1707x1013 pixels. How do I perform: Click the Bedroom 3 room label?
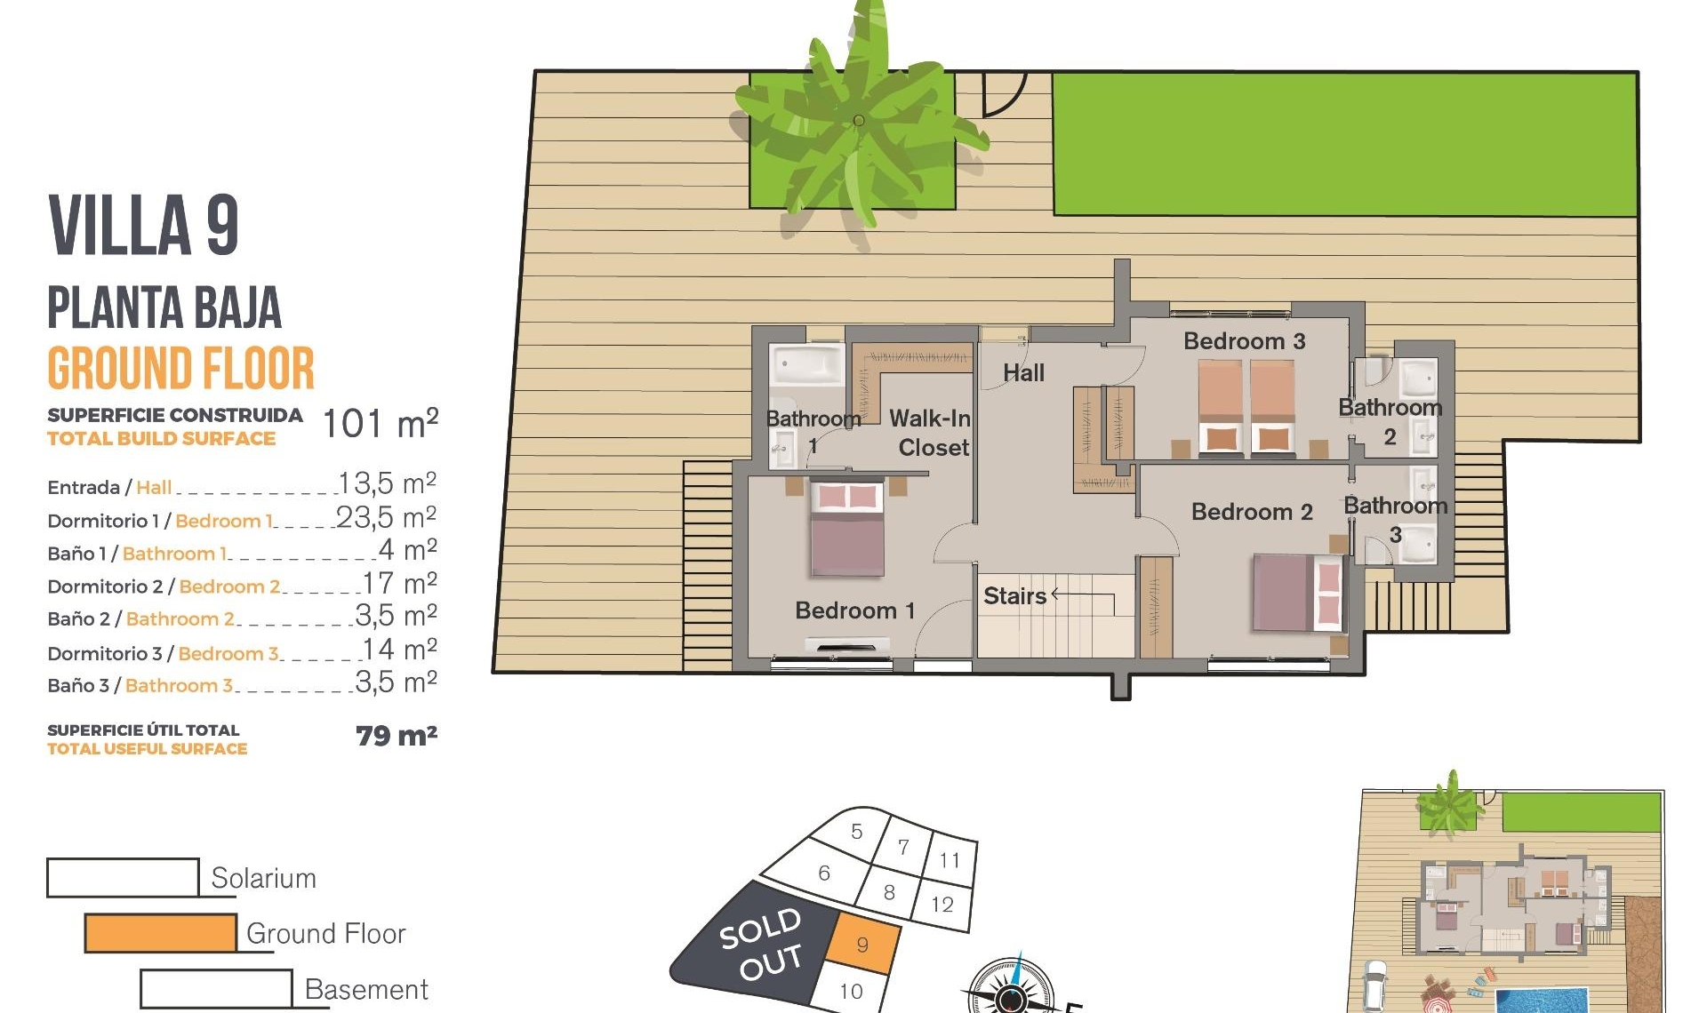pyautogui.click(x=1244, y=341)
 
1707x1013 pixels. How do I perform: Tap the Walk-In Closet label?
pyautogui.click(x=930, y=433)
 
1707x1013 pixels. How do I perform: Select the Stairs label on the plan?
pyautogui.click(x=1014, y=595)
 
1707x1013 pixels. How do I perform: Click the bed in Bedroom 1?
pyautogui.click(x=847, y=530)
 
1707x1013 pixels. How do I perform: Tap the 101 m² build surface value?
pyautogui.click(x=380, y=424)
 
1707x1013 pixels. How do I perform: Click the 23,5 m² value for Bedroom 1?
pyautogui.click(x=386, y=517)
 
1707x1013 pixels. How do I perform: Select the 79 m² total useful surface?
pyautogui.click(x=396, y=736)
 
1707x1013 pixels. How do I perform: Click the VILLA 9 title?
pyautogui.click(x=143, y=226)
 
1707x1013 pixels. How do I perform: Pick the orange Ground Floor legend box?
pyautogui.click(x=160, y=933)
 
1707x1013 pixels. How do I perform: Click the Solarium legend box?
pyautogui.click(x=123, y=877)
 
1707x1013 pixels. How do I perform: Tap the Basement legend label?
pyautogui.click(x=365, y=989)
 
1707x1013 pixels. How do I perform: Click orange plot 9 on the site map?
pyautogui.click(x=862, y=945)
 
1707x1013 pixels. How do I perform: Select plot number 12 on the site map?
pyautogui.click(x=942, y=905)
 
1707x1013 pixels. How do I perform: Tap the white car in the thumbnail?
pyautogui.click(x=1374, y=985)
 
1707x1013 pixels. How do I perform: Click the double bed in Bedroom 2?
pyautogui.click(x=1297, y=593)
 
